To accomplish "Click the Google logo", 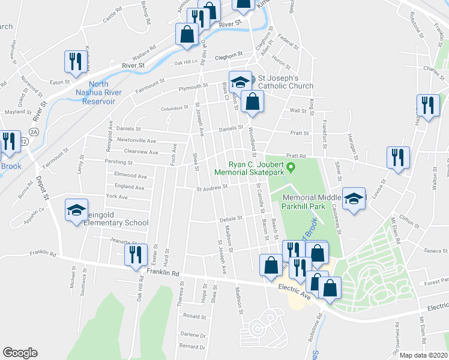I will click(x=20, y=353).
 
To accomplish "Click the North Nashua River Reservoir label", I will click(x=99, y=93).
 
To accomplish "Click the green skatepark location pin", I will click(x=292, y=166).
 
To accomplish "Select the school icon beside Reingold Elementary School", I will click(x=77, y=210).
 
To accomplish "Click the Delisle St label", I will click(x=229, y=218).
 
